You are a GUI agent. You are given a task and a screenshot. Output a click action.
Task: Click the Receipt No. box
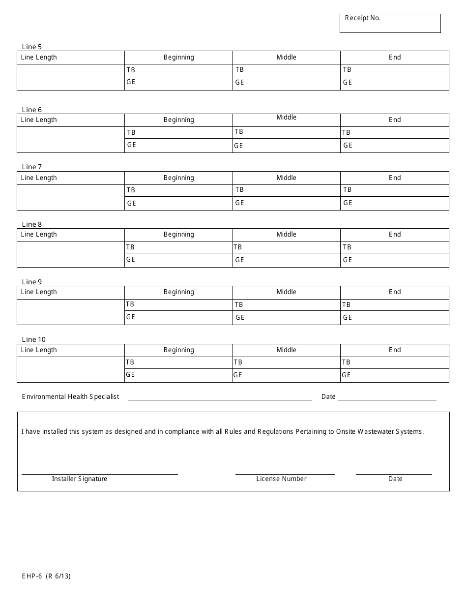[x=390, y=24]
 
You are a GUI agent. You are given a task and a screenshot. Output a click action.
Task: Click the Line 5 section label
[x=32, y=47]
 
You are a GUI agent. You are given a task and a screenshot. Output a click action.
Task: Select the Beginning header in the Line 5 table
[x=178, y=58]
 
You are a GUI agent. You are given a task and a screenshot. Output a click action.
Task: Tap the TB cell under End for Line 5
[x=394, y=70]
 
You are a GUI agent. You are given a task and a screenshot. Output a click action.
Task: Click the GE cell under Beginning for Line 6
[x=178, y=146]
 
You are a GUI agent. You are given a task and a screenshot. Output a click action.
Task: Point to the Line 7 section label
[x=32, y=167]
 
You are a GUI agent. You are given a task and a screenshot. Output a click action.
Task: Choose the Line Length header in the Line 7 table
[x=39, y=178]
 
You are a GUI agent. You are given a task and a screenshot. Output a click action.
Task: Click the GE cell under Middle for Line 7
[x=286, y=203]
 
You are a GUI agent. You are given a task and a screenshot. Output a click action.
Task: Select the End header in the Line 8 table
[x=395, y=235]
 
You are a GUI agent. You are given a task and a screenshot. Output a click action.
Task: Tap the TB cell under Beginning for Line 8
[x=178, y=247]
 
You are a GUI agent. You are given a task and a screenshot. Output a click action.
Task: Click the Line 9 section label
[x=32, y=282]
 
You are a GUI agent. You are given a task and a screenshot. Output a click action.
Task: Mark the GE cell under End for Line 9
[x=394, y=318]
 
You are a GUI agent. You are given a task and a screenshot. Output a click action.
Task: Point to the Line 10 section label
[x=34, y=339]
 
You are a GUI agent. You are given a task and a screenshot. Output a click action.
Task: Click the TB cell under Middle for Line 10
[x=286, y=363]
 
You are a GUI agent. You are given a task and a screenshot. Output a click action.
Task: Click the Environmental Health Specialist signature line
[x=220, y=396]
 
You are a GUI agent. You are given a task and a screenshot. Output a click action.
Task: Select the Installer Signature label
[x=80, y=479]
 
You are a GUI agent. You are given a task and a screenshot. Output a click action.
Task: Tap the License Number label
[x=281, y=479]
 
